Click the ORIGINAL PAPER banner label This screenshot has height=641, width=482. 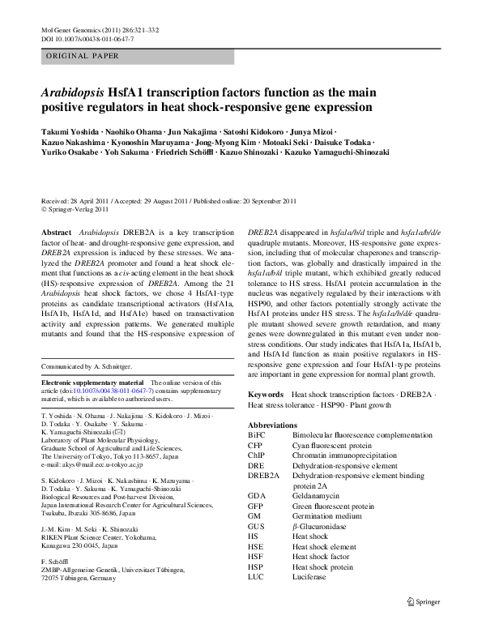(83, 56)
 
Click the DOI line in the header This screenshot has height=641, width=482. (87, 39)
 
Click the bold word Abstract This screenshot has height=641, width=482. (56, 232)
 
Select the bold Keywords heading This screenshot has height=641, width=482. (266, 394)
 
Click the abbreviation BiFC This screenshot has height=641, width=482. (257, 435)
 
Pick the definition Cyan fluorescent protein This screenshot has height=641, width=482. (333, 445)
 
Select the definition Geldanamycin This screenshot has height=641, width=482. (318, 495)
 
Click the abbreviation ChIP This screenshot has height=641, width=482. (257, 455)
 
